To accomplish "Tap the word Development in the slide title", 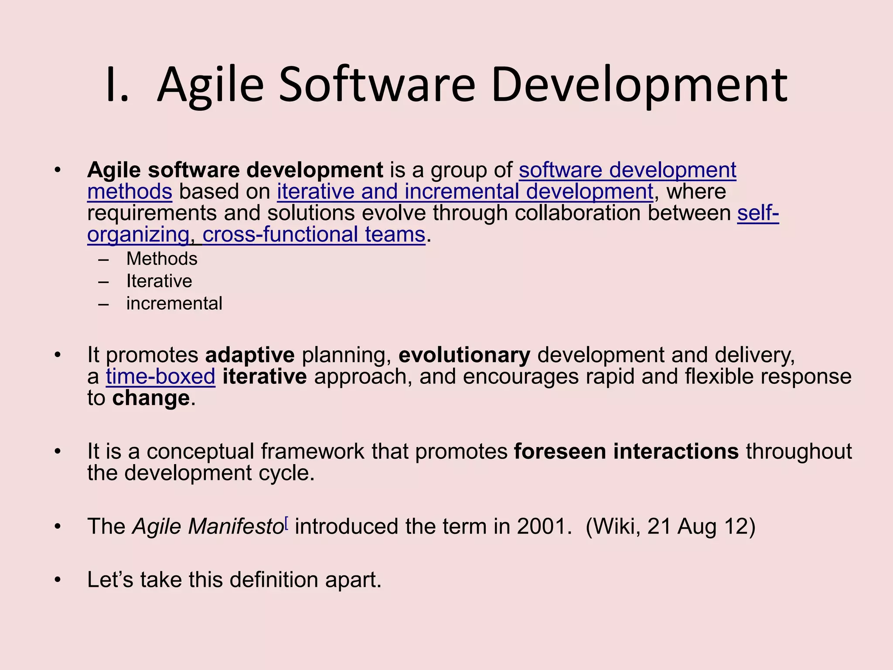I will pos(639,85).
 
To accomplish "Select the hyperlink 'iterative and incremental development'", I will pos(465,192).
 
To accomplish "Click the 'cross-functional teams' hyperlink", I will pos(314,235).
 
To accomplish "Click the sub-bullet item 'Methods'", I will pos(162,259).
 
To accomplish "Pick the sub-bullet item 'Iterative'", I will pos(159,281).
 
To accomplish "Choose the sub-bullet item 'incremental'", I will pos(174,304).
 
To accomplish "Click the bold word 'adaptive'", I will pos(250,355).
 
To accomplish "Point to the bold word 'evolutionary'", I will pos(464,355).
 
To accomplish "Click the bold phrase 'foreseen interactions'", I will pos(626,451).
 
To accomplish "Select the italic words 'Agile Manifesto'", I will pos(208,526).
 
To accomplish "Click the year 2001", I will pos(543,526).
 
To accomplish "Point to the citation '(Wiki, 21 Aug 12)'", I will pos(670,526).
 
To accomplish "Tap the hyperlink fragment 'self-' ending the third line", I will pos(758,213).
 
